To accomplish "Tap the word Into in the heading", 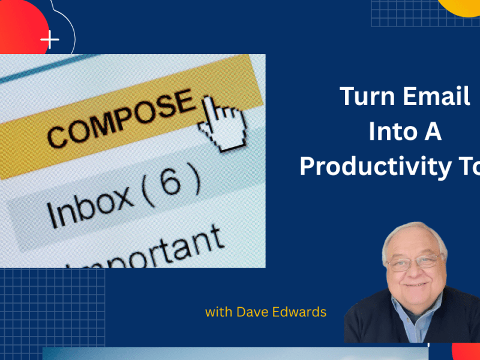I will tap(389, 132).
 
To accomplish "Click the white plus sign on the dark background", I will tap(50, 41).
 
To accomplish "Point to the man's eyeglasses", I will tap(415, 261).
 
